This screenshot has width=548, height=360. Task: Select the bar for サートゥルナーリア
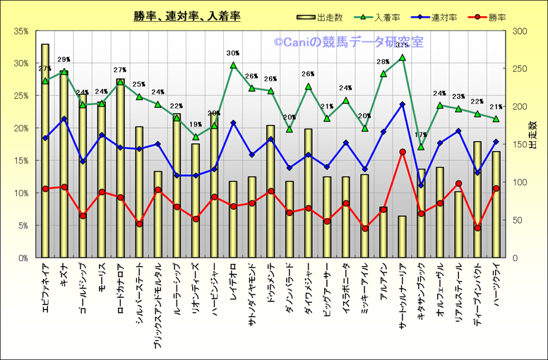coord(403,237)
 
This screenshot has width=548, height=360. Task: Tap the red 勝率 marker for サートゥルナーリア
coord(403,152)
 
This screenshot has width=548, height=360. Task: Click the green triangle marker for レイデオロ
coord(233,66)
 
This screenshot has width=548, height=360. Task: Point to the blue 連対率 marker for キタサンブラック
coord(421,186)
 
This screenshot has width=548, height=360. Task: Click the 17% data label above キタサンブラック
coord(421,135)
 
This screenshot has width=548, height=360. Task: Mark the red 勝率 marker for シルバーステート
coord(139,224)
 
